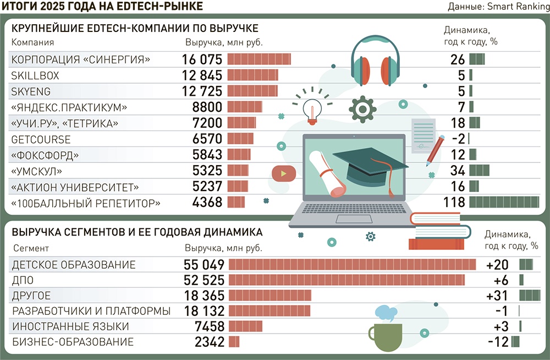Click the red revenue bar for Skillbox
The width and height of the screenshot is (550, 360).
[x=252, y=75]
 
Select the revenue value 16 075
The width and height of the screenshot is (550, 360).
[x=202, y=60]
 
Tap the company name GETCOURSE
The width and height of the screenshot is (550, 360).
[x=41, y=140]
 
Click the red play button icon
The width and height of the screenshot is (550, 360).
[x=283, y=174]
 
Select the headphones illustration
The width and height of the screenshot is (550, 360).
[x=376, y=61]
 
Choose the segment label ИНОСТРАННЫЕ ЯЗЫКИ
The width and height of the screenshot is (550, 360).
[x=70, y=326]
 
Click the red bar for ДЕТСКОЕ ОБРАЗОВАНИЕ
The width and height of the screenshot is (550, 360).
[x=352, y=265]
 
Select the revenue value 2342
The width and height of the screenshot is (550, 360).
[x=210, y=342]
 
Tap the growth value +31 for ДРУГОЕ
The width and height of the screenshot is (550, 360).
[x=497, y=296]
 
